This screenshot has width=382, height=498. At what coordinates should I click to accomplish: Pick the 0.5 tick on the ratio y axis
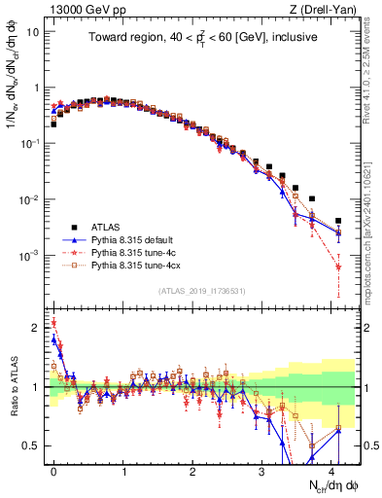(32, 445)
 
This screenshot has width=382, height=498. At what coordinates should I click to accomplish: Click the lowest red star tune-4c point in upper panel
(338, 267)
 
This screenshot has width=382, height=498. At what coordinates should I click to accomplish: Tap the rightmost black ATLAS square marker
(338, 221)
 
